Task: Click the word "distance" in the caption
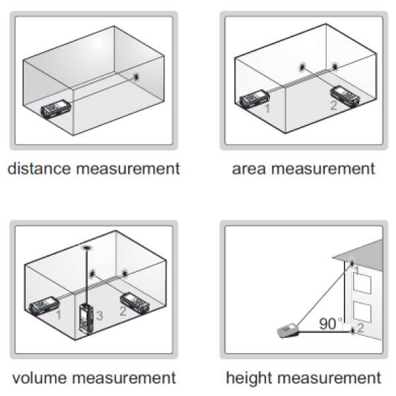[x=39, y=168]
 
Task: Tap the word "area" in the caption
[x=249, y=169]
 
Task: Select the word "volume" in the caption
[x=39, y=378]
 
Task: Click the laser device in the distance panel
[x=56, y=109]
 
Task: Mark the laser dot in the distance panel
[x=137, y=77]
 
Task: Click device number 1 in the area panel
[x=254, y=100]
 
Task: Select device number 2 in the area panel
[x=345, y=96]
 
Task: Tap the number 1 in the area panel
[x=267, y=108]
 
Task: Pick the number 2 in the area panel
[x=333, y=106]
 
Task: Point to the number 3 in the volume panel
[x=100, y=315]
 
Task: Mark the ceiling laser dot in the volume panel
[x=87, y=247]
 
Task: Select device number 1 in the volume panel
[x=44, y=306]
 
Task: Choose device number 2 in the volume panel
[x=135, y=304]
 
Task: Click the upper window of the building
[x=362, y=284]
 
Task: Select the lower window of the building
[x=362, y=312]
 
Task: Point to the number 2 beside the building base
[x=360, y=327]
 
